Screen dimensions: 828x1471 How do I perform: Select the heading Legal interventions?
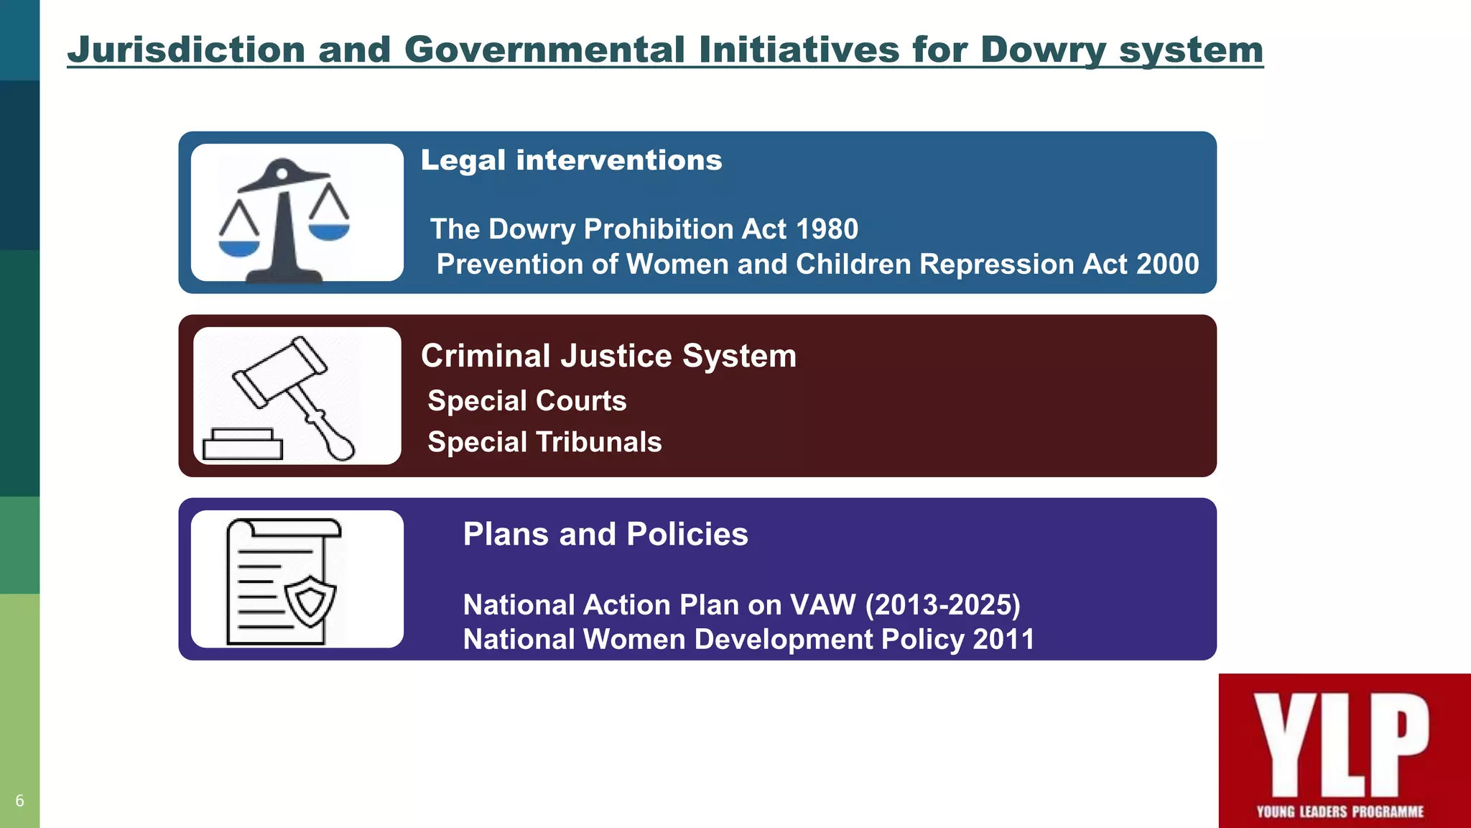point(571,160)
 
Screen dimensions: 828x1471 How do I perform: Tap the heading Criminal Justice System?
point(608,356)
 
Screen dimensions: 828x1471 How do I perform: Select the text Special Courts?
point(526,401)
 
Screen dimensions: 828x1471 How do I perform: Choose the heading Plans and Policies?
point(605,534)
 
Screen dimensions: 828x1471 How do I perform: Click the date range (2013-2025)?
point(942,605)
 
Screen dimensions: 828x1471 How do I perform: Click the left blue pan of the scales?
point(238,247)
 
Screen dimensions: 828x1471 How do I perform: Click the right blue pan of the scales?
point(329,231)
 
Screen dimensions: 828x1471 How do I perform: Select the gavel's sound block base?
point(242,445)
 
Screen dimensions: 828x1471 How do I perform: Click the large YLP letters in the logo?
point(1340,744)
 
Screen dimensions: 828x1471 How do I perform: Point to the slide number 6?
point(19,801)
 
